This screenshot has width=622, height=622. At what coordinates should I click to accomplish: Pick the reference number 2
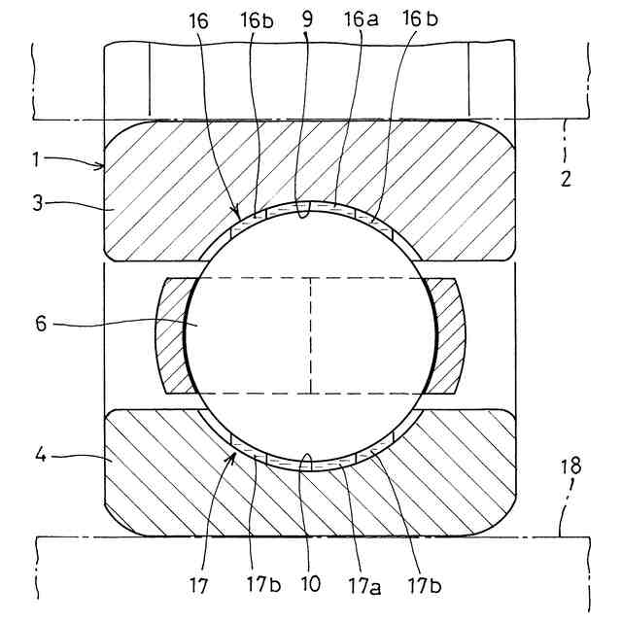[568, 179]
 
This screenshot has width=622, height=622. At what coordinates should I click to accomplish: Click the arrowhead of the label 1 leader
[104, 167]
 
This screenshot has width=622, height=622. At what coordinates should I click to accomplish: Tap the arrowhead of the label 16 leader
[236, 213]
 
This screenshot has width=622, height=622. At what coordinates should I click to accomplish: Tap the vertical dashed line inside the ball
[310, 335]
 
